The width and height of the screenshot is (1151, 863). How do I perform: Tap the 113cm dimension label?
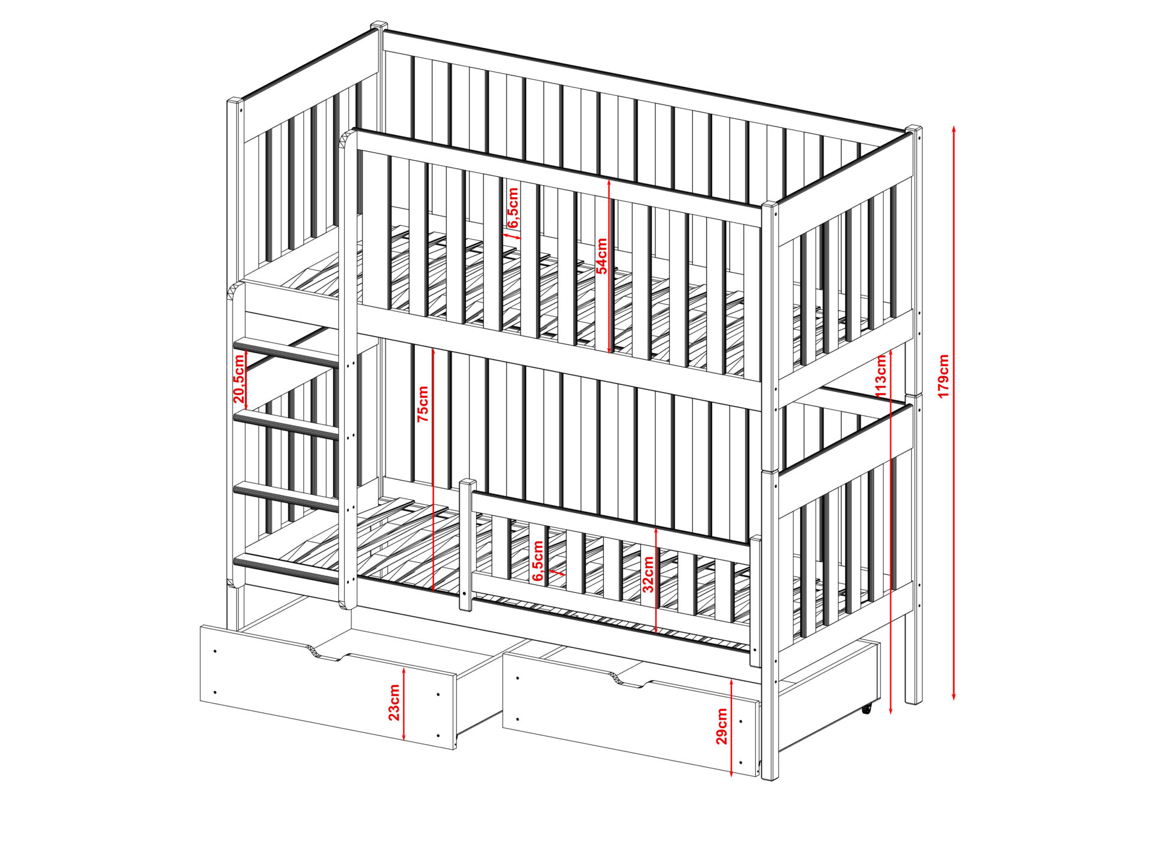pyautogui.click(x=881, y=376)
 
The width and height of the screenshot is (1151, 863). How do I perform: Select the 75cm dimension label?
pyautogui.click(x=423, y=404)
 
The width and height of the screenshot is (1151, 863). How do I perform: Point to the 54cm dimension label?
pyautogui.click(x=601, y=256)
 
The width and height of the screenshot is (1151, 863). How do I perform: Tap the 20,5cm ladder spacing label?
pyautogui.click(x=239, y=378)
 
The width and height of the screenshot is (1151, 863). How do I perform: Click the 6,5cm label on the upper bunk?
pyautogui.click(x=513, y=207)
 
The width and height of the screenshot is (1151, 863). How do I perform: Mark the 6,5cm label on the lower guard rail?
pyautogui.click(x=538, y=561)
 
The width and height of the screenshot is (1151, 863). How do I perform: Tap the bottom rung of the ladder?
pyautogui.click(x=287, y=568)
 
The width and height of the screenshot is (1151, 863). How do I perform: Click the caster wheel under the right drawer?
pyautogui.click(x=867, y=709)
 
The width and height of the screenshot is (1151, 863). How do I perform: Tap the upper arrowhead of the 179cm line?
pyautogui.click(x=954, y=129)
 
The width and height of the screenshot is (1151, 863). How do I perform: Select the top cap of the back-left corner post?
pyautogui.click(x=378, y=26)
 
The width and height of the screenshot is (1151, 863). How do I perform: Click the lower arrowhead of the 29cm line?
pyautogui.click(x=731, y=773)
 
